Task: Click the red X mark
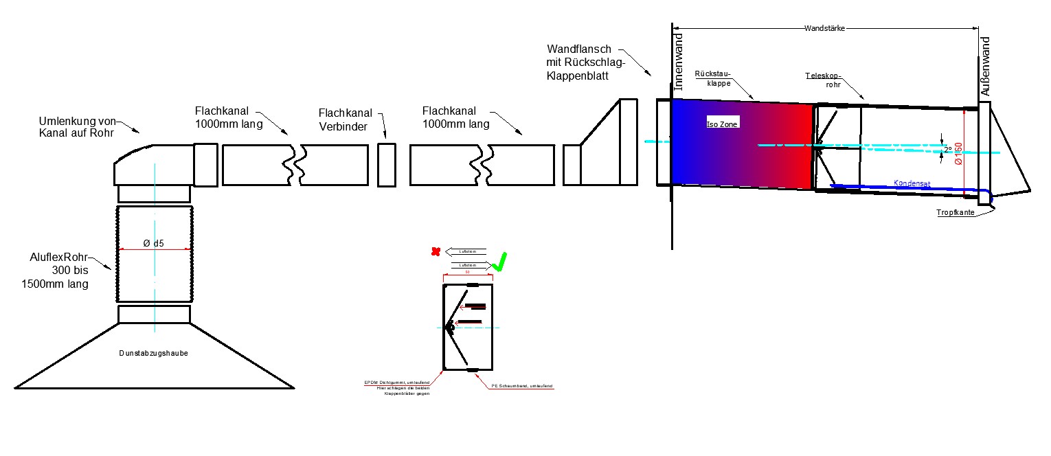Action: coord(435,252)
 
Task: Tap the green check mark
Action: coord(500,262)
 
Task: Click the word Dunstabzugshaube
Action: coord(153,353)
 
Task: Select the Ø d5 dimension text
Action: coord(154,243)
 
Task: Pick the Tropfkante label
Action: coord(956,213)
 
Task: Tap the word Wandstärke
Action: coord(824,29)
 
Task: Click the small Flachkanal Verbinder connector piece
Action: coord(386,164)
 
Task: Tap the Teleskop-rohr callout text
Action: coord(824,80)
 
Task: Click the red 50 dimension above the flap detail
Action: coord(467,273)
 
